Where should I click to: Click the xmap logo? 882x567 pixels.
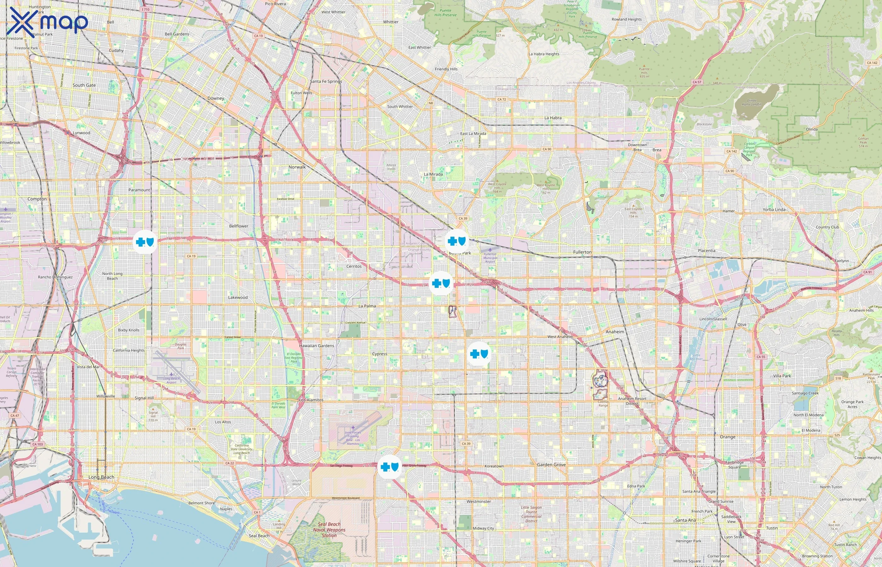point(49,22)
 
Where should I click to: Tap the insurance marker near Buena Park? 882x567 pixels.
point(457,242)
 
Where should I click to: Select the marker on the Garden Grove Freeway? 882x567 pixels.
point(389,467)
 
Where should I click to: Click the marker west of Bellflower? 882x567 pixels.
point(145,242)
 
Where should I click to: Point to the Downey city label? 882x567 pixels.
point(216,98)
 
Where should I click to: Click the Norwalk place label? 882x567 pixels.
point(297,167)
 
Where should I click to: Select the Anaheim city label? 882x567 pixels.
point(615,332)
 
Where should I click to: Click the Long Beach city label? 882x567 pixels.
point(101,477)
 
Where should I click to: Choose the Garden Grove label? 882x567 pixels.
point(551,465)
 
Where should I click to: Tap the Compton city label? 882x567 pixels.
point(37,199)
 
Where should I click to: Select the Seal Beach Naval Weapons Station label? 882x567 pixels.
point(329,530)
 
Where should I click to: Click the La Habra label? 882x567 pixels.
point(553,118)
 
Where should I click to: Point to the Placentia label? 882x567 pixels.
point(707,251)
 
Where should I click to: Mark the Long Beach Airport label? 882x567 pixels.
point(172,380)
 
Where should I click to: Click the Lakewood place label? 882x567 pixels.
point(238,297)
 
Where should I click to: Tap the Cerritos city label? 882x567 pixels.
point(354,266)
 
